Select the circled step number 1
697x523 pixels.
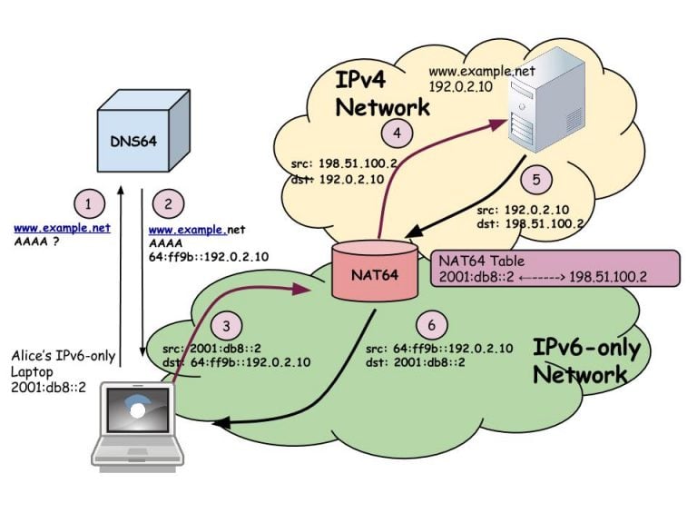point(88,202)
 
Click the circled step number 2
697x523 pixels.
point(166,202)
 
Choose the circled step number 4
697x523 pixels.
point(397,134)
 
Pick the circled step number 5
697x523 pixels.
point(537,180)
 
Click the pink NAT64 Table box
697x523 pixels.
point(555,269)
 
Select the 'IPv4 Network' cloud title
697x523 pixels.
point(382,94)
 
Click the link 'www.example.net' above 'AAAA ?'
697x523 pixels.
point(63,228)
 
